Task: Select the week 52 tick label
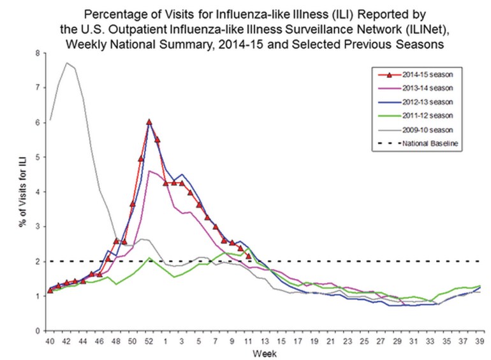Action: click(x=149, y=342)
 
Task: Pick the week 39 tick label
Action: click(x=479, y=342)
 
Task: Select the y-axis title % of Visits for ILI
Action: click(x=23, y=191)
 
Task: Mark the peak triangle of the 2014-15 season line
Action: click(x=149, y=122)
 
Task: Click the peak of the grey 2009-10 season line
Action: click(x=66, y=62)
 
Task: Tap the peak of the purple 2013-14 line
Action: click(x=149, y=171)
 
